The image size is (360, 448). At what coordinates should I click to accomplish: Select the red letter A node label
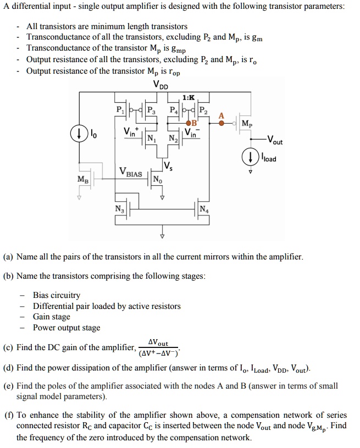221,115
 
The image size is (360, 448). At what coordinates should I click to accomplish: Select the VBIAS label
131,173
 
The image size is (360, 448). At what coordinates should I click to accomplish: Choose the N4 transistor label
204,208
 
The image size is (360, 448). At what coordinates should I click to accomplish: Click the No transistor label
157,179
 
